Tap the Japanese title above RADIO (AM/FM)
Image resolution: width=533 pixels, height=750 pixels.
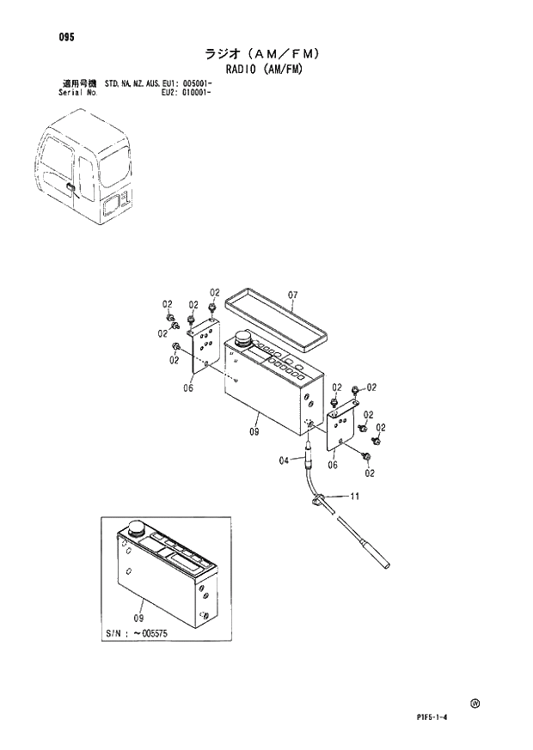pos(263,53)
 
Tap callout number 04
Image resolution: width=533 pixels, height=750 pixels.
pos(284,461)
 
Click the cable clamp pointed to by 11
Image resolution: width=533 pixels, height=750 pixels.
pos(316,497)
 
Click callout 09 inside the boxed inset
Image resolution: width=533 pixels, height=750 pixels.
pos(139,618)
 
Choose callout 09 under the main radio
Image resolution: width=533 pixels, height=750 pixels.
pos(254,432)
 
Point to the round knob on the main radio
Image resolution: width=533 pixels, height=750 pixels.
pos(242,340)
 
